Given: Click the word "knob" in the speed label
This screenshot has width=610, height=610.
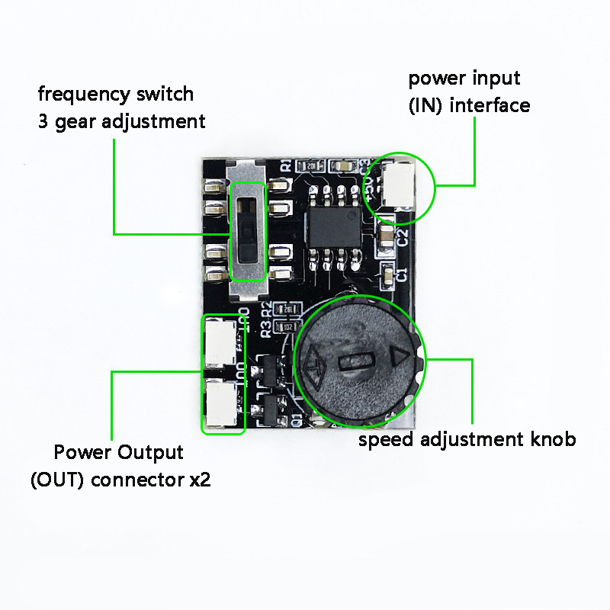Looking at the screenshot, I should (554, 440).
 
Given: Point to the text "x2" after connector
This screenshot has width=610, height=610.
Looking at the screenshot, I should (199, 480).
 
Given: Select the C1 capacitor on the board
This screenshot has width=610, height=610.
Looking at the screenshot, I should (390, 274).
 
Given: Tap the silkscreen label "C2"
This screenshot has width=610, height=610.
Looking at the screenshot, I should (403, 236).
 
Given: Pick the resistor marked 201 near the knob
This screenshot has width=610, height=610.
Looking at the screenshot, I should (288, 309).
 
